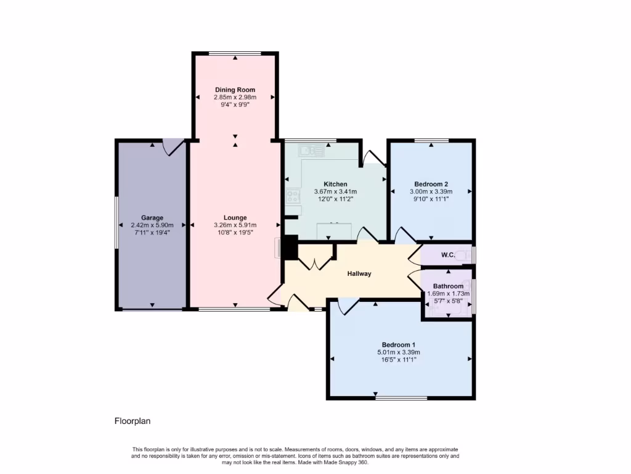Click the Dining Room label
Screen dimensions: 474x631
point(235,90)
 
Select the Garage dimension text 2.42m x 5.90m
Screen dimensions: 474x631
point(152,225)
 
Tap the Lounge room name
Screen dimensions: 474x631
point(235,217)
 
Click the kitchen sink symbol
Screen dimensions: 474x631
point(307,150)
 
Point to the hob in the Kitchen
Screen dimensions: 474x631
point(293,197)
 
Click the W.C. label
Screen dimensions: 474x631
point(448,255)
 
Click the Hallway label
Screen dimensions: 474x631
point(359,273)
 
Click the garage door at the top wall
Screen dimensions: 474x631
point(173,147)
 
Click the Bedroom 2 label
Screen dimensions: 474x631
point(431,184)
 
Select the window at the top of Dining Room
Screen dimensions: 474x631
point(235,54)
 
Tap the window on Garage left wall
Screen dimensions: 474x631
point(117,222)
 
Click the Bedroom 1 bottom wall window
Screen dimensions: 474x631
point(401,398)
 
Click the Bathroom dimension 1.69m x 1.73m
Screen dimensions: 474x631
point(448,294)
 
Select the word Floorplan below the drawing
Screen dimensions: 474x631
point(132,421)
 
